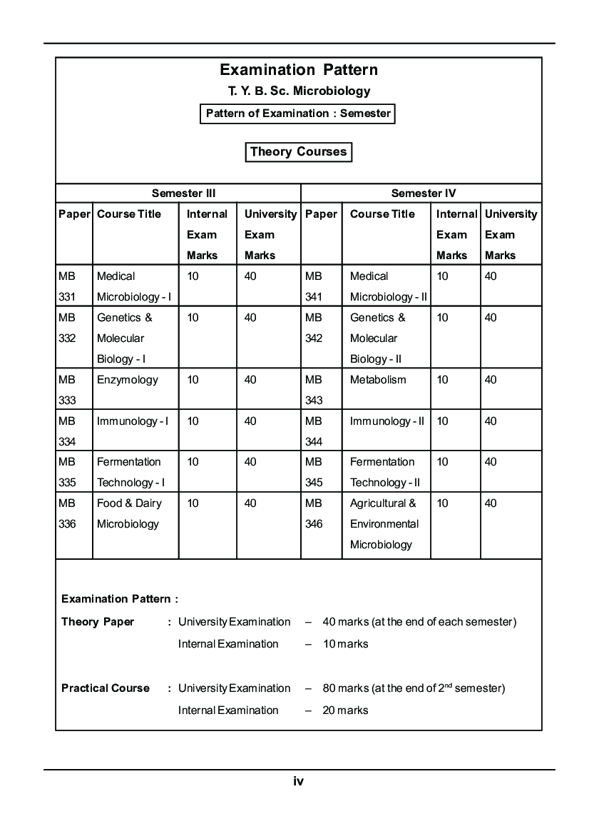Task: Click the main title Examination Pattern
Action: [x=299, y=70]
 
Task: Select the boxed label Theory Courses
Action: [x=298, y=152]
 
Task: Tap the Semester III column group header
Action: [x=183, y=193]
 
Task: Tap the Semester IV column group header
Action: [x=424, y=193]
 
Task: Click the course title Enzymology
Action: [x=128, y=380]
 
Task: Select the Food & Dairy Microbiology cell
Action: [x=129, y=513]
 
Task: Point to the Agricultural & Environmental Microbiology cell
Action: [x=384, y=523]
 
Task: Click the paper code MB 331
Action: [x=67, y=286]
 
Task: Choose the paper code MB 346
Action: [x=314, y=513]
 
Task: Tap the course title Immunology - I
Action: [x=133, y=421]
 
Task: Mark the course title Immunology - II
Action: [x=386, y=421]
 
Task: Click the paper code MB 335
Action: [x=67, y=472]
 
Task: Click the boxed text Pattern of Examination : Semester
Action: [x=298, y=114]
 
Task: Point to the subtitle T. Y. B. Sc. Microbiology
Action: [x=299, y=91]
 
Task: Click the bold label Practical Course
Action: [x=106, y=688]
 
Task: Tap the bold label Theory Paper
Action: [x=98, y=622]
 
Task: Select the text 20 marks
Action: [x=345, y=710]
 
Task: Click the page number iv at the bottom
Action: [x=299, y=781]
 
